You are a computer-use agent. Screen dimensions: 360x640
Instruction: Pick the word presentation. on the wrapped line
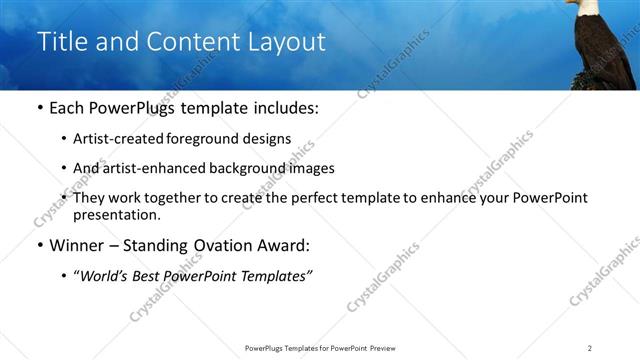click(x=116, y=214)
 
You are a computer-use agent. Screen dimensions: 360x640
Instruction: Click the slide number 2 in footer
click(x=589, y=348)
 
